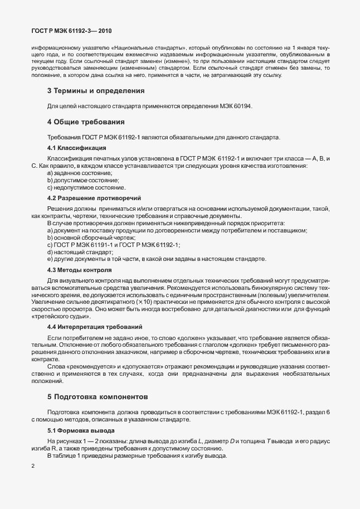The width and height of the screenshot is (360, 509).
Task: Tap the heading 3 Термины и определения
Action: pyautogui.click(x=96, y=90)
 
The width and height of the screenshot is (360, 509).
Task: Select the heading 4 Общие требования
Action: pyautogui.click(x=85, y=122)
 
